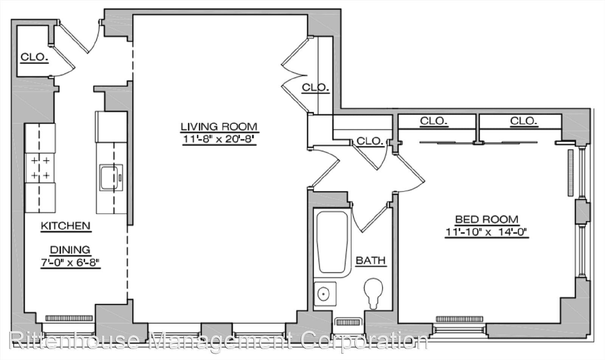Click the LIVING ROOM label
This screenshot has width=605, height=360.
click(x=219, y=126)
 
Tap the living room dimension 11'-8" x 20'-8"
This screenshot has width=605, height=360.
click(x=219, y=139)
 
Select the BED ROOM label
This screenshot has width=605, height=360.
click(x=487, y=219)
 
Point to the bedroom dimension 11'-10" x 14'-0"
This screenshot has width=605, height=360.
click(x=487, y=232)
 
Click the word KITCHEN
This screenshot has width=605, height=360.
click(x=66, y=226)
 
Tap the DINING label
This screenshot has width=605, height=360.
click(x=70, y=250)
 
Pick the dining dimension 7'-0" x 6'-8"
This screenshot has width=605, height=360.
click(x=70, y=262)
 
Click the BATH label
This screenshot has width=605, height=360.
click(x=371, y=260)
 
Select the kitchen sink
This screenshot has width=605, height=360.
click(x=111, y=178)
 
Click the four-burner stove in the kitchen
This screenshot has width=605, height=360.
click(x=40, y=168)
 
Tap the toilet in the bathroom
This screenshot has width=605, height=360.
click(x=374, y=293)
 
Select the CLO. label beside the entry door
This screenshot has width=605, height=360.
click(x=34, y=57)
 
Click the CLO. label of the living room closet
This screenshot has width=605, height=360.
click(x=315, y=87)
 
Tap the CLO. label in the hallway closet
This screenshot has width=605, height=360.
click(x=370, y=141)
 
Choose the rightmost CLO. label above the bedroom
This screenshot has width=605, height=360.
click(x=523, y=121)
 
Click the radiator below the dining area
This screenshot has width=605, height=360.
click(x=69, y=318)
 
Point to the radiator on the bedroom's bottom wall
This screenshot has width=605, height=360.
click(x=459, y=319)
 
